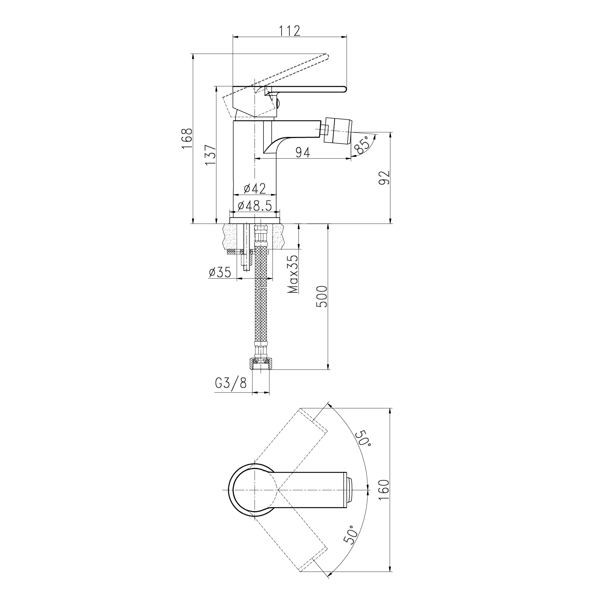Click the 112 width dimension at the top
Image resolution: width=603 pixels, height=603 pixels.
click(289, 30)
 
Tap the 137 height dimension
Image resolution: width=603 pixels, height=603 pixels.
click(210, 155)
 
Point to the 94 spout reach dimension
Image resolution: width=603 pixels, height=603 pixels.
click(302, 152)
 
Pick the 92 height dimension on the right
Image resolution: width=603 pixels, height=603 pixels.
click(384, 178)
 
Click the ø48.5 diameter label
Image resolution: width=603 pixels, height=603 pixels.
click(255, 205)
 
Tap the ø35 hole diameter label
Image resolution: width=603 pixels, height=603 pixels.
click(220, 272)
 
